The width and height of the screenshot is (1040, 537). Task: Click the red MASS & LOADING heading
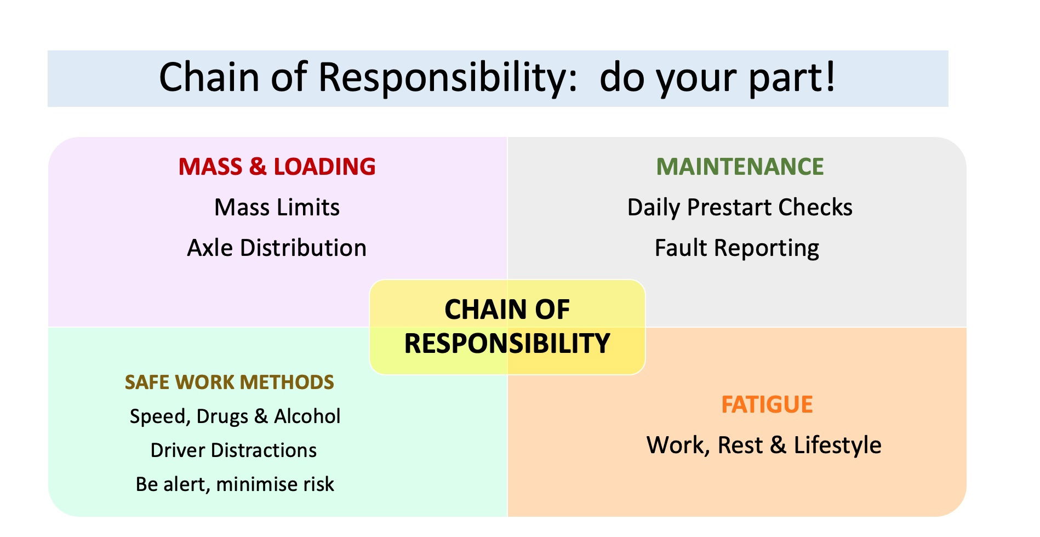[277, 167]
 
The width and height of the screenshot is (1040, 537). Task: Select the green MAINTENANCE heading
[740, 167]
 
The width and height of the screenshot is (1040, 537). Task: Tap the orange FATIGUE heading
[767, 404]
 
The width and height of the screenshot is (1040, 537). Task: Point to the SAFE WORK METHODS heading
[229, 382]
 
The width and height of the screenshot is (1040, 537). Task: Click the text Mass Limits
[277, 207]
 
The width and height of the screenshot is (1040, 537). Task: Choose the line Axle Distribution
[277, 248]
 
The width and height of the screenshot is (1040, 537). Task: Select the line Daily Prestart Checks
[740, 207]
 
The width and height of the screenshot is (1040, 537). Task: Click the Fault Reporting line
[737, 248]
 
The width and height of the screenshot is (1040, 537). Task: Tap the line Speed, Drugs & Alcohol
[235, 416]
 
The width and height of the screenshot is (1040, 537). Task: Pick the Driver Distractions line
[233, 450]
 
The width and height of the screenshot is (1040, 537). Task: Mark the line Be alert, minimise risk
[235, 484]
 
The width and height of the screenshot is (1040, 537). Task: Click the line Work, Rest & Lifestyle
[764, 445]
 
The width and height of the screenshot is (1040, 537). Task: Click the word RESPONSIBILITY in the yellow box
[507, 344]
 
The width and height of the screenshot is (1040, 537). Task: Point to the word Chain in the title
[209, 77]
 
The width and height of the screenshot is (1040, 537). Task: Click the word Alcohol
[307, 416]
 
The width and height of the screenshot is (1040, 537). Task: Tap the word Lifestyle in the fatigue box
[837, 445]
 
